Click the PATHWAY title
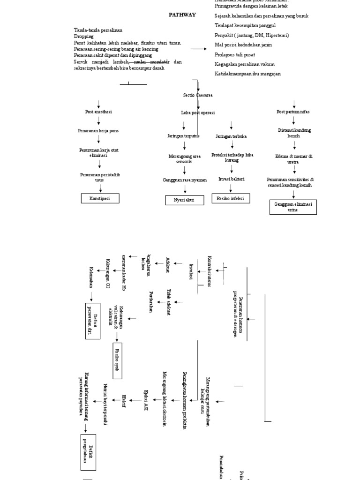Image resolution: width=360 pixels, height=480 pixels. click(x=182, y=15)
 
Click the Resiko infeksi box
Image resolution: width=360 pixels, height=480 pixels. click(x=230, y=198)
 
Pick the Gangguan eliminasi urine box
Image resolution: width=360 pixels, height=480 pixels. click(x=293, y=207)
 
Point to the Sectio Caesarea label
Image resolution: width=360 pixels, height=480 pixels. click(x=197, y=95)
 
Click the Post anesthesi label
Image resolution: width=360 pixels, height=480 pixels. click(x=98, y=112)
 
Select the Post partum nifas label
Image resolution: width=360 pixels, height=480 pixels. click(x=293, y=112)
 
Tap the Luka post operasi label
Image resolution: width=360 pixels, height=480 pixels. click(x=198, y=112)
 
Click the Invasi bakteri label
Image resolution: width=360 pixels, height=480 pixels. click(x=231, y=179)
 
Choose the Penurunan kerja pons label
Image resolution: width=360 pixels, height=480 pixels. click(x=98, y=131)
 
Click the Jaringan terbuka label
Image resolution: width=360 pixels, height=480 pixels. click(x=231, y=136)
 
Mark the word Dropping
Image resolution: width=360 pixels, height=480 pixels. click(x=84, y=36)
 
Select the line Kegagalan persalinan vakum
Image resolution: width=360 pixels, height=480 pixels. click(x=245, y=64)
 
